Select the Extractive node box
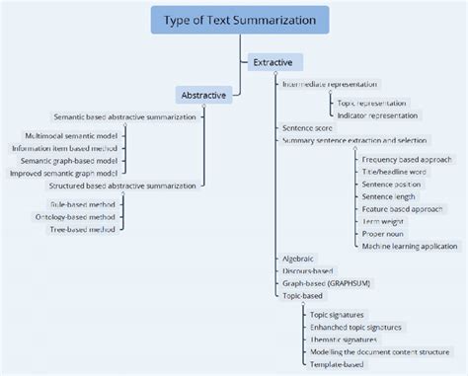click(273, 62)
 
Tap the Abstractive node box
click(204, 95)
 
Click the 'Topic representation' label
click(371, 103)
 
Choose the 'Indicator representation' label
click(378, 115)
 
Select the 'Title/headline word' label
click(394, 172)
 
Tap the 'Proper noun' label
click(385, 234)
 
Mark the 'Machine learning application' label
click(410, 247)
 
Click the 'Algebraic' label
click(299, 258)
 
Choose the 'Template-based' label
click(337, 364)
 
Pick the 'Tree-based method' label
click(83, 229)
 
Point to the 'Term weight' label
click(384, 222)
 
